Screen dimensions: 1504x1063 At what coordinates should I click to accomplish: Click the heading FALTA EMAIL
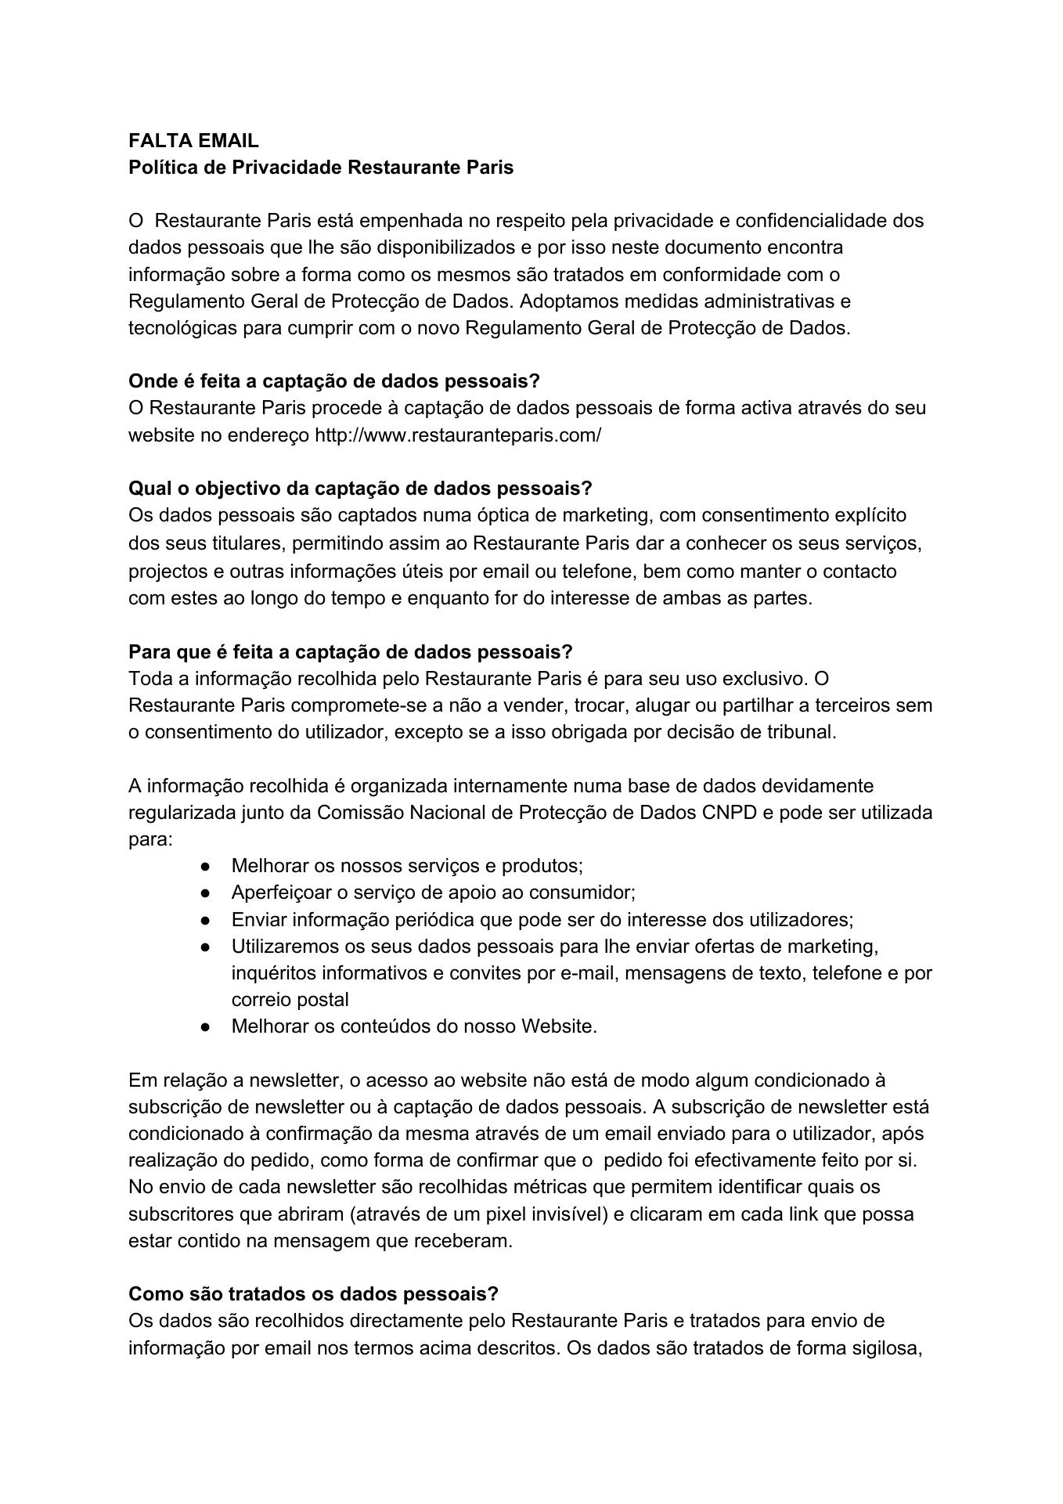193,141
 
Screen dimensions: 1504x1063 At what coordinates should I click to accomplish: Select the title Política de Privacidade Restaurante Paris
321,168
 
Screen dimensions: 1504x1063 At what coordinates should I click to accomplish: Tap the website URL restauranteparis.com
458,435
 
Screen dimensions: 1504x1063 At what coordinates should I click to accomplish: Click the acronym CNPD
730,812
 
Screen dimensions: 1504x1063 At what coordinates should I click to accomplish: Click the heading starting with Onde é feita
334,381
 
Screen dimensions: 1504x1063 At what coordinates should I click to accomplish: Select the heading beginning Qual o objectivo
360,489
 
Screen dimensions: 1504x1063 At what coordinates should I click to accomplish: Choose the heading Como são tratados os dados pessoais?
313,1293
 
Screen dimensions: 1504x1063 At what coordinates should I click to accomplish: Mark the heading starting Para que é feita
351,652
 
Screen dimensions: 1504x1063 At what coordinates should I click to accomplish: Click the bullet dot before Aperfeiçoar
205,893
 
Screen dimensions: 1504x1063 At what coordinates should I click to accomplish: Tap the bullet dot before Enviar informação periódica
205,919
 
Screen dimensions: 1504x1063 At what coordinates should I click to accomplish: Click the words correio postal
290,1000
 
